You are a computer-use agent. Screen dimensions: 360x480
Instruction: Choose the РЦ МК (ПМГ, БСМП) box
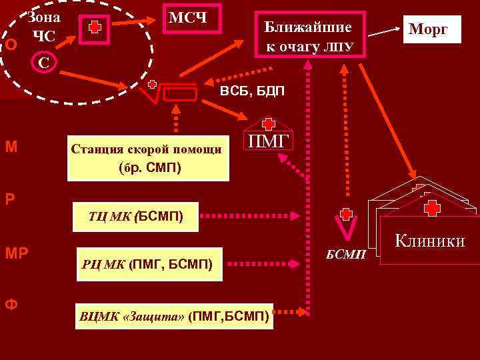(x=147, y=265)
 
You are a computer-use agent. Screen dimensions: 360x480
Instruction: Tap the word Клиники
(x=430, y=241)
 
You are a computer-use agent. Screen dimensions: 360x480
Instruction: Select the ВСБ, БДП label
(x=252, y=90)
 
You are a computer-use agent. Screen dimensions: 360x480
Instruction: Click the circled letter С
(x=43, y=63)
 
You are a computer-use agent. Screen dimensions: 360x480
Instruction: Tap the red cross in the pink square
(x=95, y=28)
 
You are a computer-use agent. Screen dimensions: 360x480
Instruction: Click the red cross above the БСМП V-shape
(x=345, y=214)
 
